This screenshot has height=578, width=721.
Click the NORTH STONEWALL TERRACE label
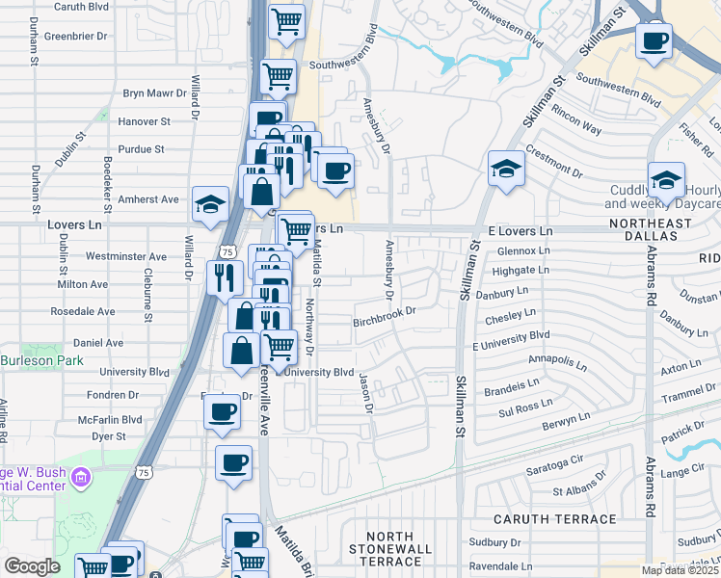390,548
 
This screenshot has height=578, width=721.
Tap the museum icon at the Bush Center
81,477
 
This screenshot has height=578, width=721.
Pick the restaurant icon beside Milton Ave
224,277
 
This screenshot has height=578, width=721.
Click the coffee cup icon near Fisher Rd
654,41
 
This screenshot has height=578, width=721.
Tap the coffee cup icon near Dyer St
221,411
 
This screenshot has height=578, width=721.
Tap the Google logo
33,566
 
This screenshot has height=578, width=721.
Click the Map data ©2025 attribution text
680,570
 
